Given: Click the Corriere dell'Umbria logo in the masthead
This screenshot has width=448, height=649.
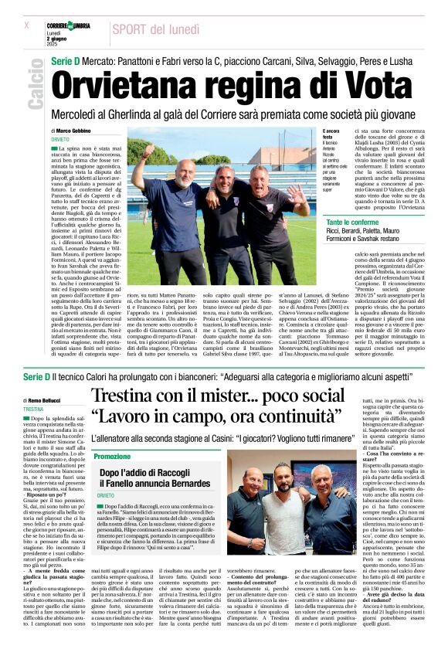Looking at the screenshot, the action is pyautogui.click(x=68, y=26).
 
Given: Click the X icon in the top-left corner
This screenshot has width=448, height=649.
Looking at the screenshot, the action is pyautogui.click(x=26, y=25).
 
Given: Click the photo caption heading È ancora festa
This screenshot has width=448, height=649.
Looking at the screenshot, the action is pyautogui.click(x=309, y=133).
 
